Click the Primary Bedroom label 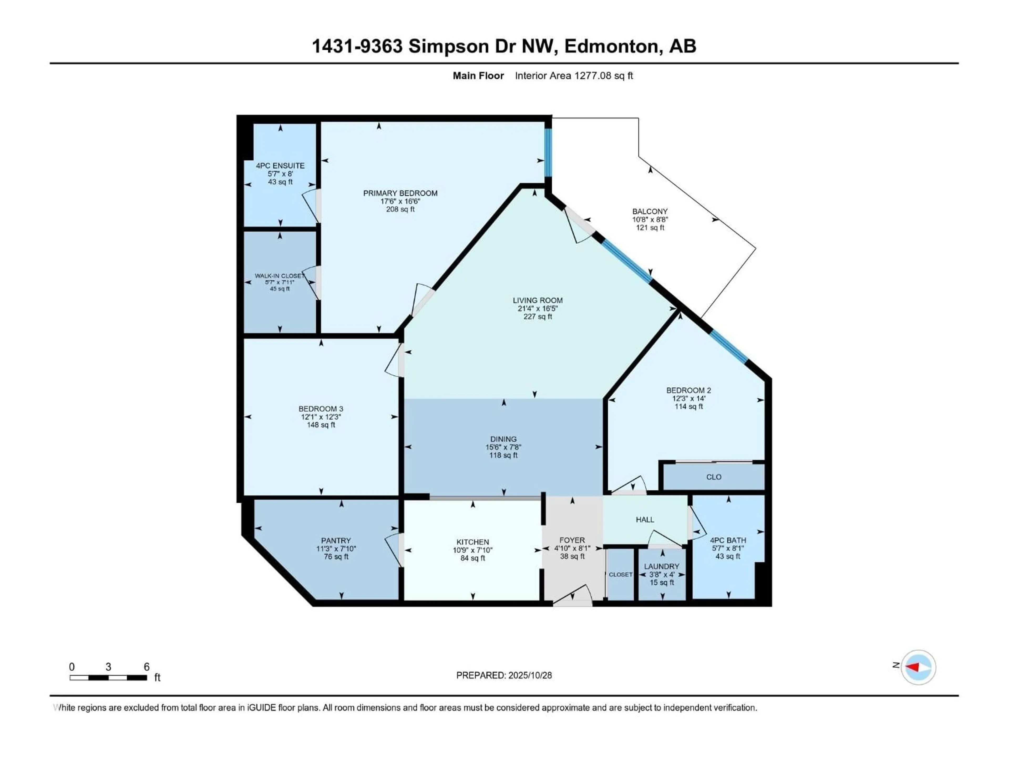point(400,193)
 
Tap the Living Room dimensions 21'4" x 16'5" point(537,309)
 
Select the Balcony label point(650,211)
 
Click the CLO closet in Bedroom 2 point(713,477)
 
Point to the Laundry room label point(661,566)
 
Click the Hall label point(645,519)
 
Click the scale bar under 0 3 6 point(108,678)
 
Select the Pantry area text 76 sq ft point(336,557)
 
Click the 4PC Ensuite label point(280,166)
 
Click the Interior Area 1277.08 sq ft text point(574,76)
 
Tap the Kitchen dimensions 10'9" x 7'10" point(472,550)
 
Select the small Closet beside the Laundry point(620,575)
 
